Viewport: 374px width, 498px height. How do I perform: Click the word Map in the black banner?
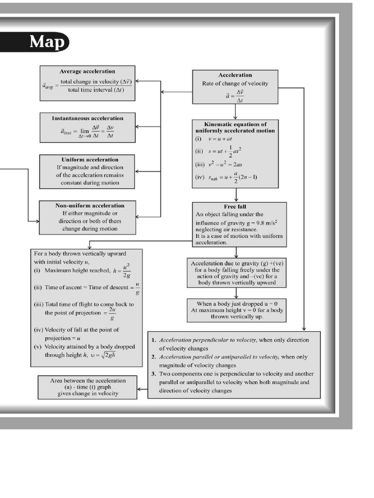click(47, 42)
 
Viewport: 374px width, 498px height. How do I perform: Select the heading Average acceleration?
click(88, 71)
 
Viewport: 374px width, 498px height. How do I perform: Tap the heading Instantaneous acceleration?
click(88, 118)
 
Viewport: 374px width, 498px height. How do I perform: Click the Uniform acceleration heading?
click(90, 160)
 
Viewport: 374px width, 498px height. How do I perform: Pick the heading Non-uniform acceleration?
click(90, 205)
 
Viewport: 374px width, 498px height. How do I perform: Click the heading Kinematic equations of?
click(235, 124)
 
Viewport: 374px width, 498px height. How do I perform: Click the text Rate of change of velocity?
click(235, 84)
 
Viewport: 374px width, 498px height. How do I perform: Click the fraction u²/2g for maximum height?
click(126, 271)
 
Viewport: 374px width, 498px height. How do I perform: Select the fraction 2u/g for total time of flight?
click(112, 313)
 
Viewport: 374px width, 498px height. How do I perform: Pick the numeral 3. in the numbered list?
click(153, 374)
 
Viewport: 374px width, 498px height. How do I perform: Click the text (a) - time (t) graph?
click(88, 387)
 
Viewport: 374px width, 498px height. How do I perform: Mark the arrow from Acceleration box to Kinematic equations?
click(235, 112)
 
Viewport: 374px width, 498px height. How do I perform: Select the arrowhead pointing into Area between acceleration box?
click(140, 389)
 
